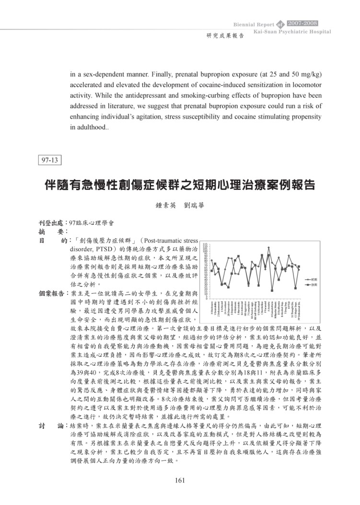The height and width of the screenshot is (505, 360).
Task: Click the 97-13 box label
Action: click(x=49, y=160)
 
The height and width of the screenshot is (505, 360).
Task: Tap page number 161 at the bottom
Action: click(x=180, y=482)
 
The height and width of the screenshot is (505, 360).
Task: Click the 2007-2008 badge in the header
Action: click(x=302, y=23)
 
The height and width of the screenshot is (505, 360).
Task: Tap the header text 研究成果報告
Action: click(x=225, y=35)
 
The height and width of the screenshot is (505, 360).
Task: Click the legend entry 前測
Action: click(x=315, y=279)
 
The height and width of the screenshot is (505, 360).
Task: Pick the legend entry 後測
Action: click(x=315, y=285)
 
